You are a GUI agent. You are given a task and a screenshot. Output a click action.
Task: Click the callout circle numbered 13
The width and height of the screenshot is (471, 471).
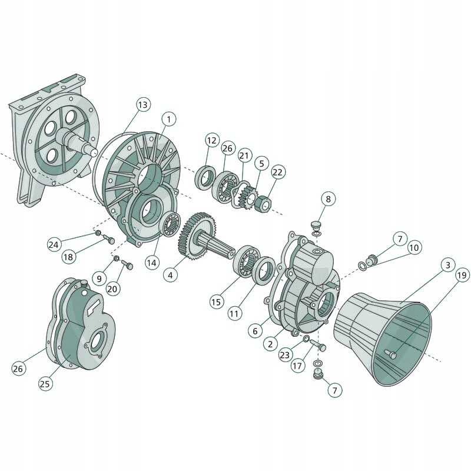coord(142,105)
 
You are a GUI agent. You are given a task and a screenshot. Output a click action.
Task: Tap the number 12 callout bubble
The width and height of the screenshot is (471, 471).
coord(212,140)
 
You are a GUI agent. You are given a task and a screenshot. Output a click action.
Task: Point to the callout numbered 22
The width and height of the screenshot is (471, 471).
coord(278,172)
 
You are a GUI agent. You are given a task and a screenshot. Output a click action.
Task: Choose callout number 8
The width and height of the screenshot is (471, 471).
coord(329,199)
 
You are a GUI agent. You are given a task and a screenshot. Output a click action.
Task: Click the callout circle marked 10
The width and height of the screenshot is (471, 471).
coord(414,247)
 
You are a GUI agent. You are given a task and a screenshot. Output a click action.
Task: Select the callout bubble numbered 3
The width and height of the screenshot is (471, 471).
coord(447,266)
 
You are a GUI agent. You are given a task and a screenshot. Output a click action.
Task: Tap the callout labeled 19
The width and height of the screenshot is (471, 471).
coord(462,274)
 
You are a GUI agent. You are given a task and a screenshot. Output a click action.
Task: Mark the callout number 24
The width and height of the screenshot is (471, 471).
coord(54,244)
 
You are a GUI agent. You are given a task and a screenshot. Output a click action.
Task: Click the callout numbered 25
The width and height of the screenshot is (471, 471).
coord(45,383)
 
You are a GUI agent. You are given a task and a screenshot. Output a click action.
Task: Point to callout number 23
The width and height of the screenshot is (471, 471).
coord(285,354)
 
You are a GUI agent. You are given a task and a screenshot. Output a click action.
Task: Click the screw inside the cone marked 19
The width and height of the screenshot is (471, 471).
coord(391,354)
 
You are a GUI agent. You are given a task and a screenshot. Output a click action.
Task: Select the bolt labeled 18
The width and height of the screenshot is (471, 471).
coord(108,239)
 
